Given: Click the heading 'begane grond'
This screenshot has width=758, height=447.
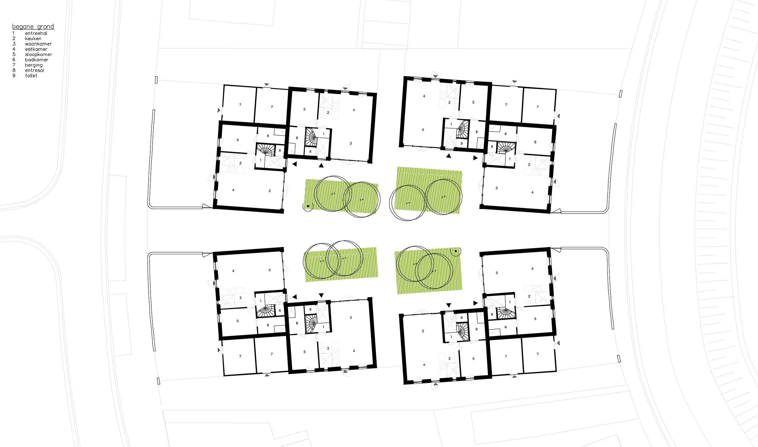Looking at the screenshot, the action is coord(33,27).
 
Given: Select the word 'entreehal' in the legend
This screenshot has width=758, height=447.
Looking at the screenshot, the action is coord(36,33).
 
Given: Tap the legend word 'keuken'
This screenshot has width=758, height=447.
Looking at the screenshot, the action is coord(33,39).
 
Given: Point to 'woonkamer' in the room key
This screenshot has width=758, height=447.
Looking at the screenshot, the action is coord(39,44).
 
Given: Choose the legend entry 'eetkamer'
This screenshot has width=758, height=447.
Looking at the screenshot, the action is coord(36,49).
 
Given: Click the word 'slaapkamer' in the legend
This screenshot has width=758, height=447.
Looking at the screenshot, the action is coord(39,54).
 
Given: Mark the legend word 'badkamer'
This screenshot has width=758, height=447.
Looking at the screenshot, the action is coord(37,60).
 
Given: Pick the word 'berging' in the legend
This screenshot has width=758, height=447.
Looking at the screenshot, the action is coord(34,65).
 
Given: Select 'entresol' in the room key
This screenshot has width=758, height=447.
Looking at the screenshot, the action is coord(35,70).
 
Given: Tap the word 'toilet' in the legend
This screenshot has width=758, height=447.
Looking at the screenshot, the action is coord(31,76).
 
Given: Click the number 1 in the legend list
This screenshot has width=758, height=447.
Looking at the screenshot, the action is coord(13,33).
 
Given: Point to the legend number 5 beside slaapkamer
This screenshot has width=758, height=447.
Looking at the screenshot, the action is coord(14,54).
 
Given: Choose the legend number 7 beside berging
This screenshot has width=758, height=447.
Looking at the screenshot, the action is coord(14,65).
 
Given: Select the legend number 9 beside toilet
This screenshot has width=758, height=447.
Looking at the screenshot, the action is coord(14,76).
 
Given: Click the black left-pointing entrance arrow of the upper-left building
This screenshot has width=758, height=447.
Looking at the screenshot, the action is coord(295,164).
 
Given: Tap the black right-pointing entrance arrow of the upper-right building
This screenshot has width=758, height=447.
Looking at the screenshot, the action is coord(475,158).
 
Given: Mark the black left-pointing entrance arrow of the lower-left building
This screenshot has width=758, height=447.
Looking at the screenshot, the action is coord(295,297).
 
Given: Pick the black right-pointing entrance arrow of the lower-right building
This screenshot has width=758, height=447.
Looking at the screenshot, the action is coord(475,303).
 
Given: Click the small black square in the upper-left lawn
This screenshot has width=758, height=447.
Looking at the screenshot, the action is coord(308,206).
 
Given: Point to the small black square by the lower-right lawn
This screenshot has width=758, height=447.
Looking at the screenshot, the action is coord(456,251).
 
